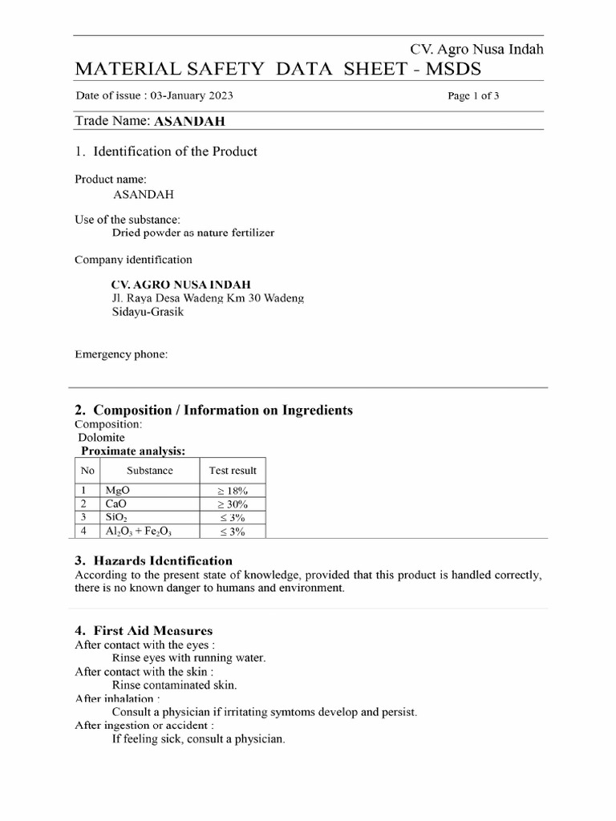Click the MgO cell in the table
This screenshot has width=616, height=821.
[117, 490]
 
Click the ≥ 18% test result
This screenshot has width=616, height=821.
[233, 490]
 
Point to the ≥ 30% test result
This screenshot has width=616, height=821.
[233, 504]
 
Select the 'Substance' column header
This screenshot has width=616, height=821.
[149, 471]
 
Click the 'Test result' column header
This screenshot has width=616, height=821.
[233, 471]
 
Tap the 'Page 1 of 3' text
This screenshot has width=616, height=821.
[473, 96]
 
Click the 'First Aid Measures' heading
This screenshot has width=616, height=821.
[153, 631]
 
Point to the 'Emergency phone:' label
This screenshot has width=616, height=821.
[121, 354]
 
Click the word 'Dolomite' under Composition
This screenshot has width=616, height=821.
[101, 438]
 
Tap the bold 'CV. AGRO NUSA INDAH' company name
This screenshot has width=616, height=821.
[181, 284]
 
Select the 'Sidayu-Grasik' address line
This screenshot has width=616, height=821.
[148, 312]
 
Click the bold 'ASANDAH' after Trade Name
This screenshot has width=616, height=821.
[189, 122]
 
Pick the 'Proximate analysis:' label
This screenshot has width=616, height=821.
[133, 451]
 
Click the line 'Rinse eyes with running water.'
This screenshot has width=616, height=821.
[188, 658]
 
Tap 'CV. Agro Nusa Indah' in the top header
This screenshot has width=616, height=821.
[476, 49]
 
